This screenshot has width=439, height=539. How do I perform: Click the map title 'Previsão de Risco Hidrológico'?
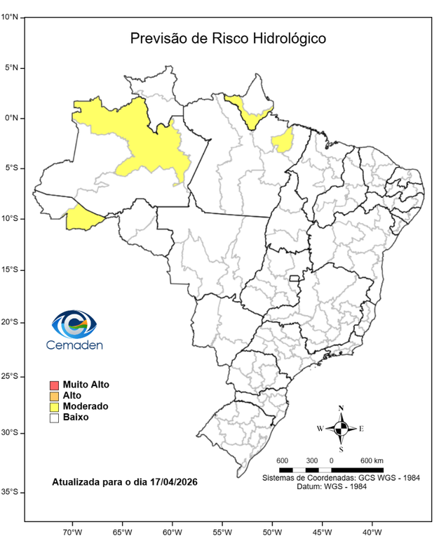tap(228, 39)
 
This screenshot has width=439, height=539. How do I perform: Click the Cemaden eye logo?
tap(74, 324)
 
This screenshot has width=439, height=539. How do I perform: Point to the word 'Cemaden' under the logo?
tap(74, 345)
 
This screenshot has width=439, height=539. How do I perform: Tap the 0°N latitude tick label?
tap(10, 118)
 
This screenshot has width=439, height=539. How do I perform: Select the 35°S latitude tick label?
tap(10, 493)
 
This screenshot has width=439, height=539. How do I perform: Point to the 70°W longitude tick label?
tap(73, 531)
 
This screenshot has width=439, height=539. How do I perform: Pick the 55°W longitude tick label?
tap(222, 531)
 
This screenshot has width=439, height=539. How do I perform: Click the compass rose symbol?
tap(341, 428)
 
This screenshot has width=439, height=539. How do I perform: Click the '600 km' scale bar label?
tap(372, 460)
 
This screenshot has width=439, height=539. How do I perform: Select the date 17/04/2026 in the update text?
tap(173, 484)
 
